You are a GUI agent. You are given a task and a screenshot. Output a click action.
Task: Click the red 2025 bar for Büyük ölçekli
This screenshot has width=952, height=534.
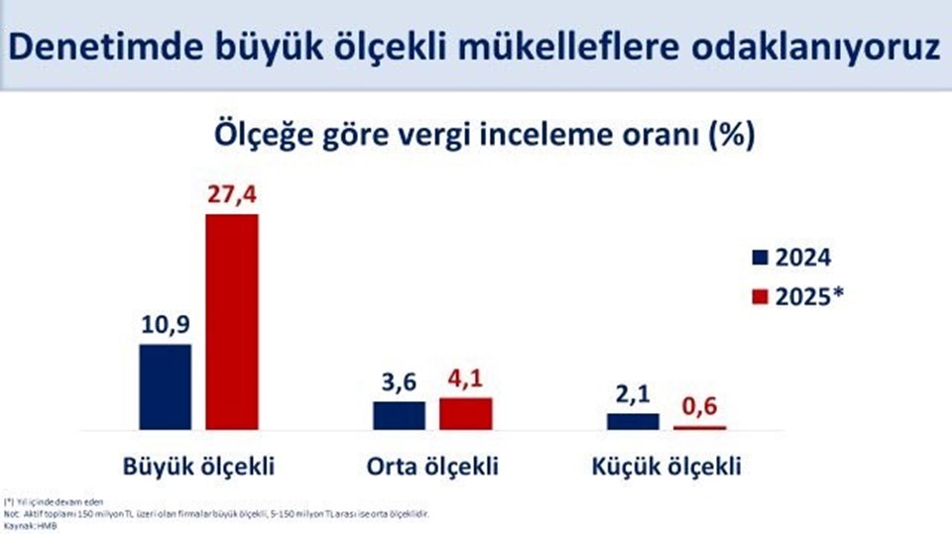click(231, 321)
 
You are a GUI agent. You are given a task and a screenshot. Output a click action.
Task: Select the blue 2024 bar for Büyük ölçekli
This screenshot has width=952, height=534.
click(165, 386)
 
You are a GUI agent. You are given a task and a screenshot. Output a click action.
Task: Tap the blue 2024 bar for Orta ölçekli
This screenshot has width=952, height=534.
click(399, 415)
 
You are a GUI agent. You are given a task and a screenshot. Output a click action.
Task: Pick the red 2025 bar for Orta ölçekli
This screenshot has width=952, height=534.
click(465, 413)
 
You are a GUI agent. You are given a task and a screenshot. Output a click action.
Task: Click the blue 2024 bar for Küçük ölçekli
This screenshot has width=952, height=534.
click(633, 421)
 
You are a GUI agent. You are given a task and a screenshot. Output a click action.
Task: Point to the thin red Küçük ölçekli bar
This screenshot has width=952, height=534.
click(699, 427)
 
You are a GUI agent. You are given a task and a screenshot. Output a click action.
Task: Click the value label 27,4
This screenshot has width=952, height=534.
click(231, 195)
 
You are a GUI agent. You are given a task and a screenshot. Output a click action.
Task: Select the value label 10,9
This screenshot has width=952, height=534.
click(165, 325)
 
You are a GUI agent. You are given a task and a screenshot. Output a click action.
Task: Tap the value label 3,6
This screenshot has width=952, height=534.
click(399, 382)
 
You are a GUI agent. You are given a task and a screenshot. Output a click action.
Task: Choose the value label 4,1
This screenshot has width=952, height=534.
click(465, 378)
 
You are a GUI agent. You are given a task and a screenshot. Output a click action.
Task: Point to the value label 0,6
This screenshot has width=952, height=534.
click(699, 407)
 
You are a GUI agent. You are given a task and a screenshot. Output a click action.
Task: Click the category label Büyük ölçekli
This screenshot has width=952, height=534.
click(198, 466)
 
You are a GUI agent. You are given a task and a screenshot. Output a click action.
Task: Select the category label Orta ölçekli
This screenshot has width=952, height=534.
click(432, 466)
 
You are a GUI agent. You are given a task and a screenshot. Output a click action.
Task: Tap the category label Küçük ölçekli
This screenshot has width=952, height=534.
click(665, 466)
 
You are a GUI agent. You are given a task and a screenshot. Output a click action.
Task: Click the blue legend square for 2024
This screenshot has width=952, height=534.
click(761, 260)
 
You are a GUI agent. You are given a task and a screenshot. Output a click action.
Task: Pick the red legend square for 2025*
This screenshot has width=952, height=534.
click(761, 295)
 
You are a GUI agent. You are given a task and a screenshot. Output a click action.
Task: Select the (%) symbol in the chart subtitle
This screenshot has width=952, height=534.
click(730, 135)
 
